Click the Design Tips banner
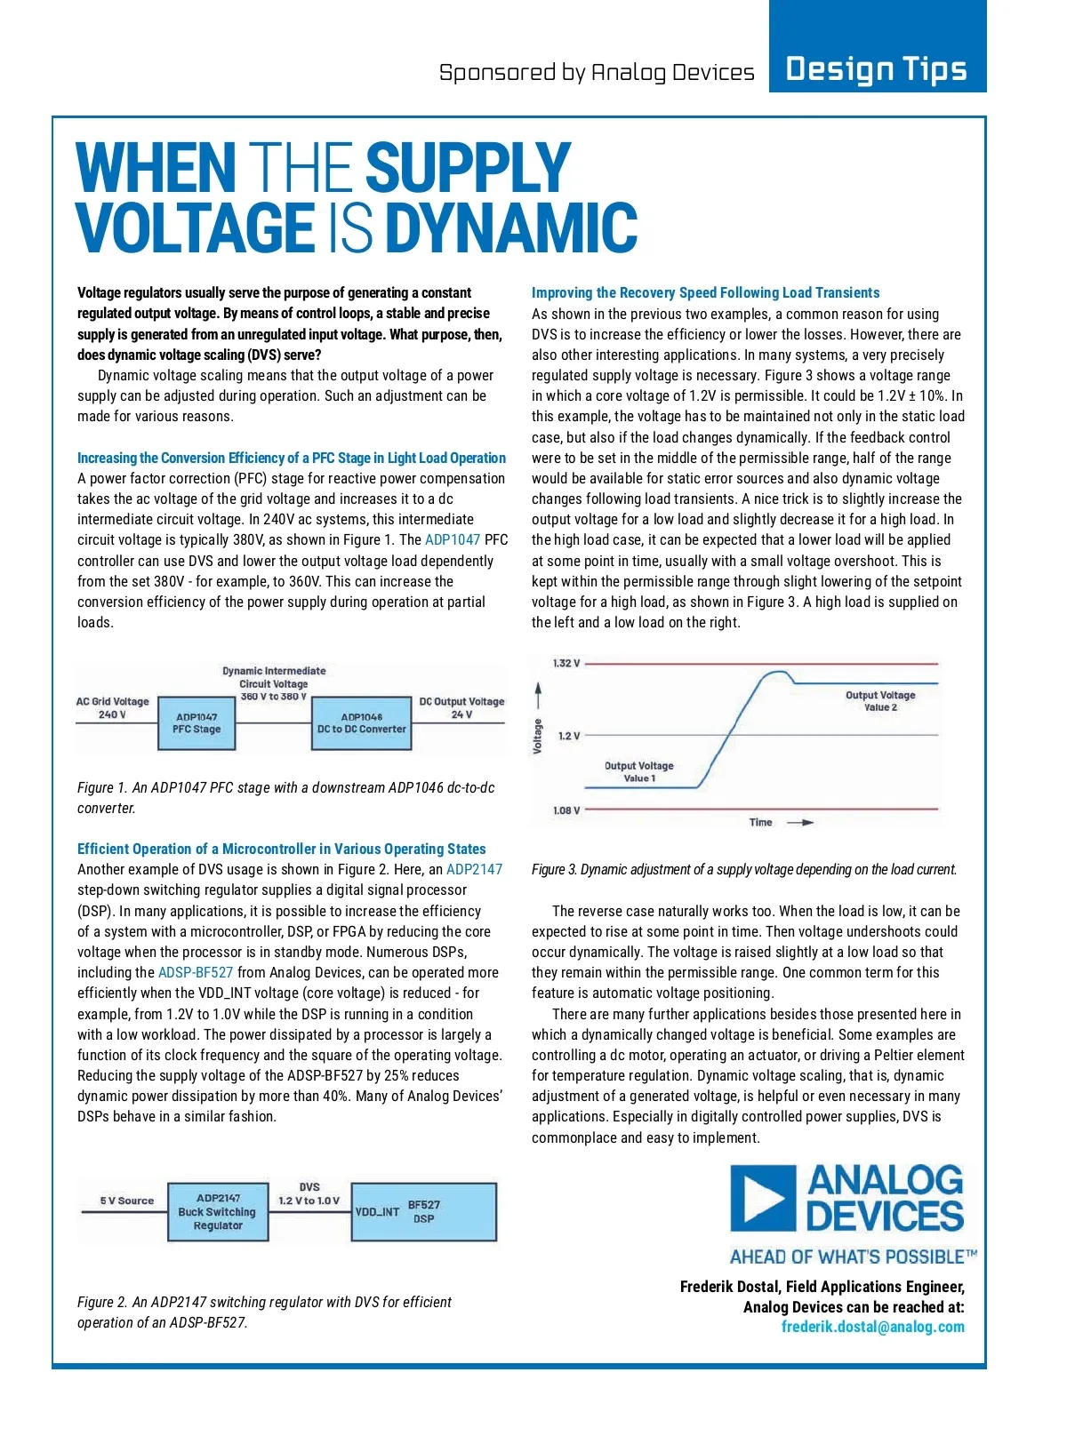coord(877,68)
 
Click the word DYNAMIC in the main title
coord(511,227)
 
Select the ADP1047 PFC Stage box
coord(197,723)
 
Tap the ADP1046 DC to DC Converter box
coord(361,723)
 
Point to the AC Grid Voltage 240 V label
coord(112,708)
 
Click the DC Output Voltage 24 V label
coord(461,708)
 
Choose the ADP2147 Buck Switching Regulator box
coord(217,1211)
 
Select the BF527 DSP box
coord(423,1211)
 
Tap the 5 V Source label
coord(126,1201)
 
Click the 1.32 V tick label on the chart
coord(566,664)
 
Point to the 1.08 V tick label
coord(566,810)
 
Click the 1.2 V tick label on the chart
coord(568,736)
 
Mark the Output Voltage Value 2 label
coord(880,701)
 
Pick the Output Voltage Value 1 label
coord(638,771)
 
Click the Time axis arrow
coord(800,823)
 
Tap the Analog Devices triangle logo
coord(763,1198)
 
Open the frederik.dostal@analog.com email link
coord(872,1327)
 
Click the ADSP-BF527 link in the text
coord(196,973)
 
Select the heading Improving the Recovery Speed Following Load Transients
coord(705,293)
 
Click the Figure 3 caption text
coord(744,870)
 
